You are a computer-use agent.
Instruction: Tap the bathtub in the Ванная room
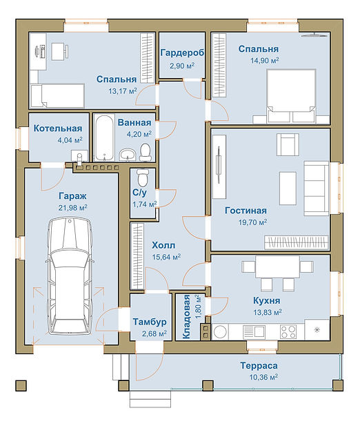pos(104,138)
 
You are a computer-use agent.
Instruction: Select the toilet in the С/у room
pos(143,177)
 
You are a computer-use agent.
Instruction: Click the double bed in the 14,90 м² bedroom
pos(291,96)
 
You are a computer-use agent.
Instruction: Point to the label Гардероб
pos(182,52)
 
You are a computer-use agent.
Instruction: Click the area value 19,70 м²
pos(252,222)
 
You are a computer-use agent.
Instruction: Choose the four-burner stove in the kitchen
pos(288,331)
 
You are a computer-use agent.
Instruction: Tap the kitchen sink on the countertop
pos(254,331)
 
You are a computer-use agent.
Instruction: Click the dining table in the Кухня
pos(277,267)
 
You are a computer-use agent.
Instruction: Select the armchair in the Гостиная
pos(288,144)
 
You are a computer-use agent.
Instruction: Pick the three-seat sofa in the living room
pos(316,188)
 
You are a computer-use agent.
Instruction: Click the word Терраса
pos(259,366)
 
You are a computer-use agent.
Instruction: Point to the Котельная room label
pos(58,128)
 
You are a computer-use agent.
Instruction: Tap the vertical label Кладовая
pos(186,317)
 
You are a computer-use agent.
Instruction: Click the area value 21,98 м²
pos(72,208)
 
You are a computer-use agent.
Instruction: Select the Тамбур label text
pos(150,322)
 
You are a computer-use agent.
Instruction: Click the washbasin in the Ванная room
pos(127,155)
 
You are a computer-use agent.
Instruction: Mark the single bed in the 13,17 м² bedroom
pos(57,95)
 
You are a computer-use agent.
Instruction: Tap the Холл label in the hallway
pos(163,245)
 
